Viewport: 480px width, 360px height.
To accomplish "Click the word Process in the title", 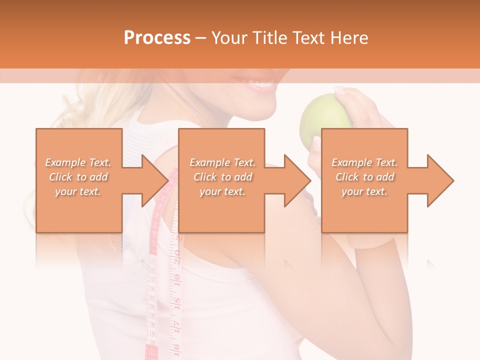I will coord(157,38).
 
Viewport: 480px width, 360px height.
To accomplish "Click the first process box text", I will coord(78,177).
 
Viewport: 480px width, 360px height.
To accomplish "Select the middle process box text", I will coord(222,177).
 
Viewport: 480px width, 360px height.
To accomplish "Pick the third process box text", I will coord(364,177).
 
